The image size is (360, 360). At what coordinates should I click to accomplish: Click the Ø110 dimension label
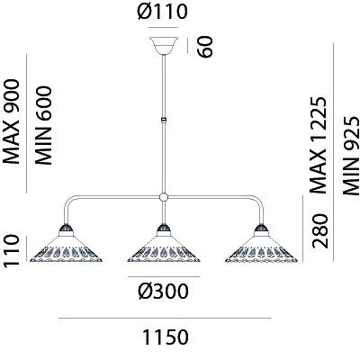click(162, 12)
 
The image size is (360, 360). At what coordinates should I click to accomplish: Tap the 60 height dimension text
click(205, 47)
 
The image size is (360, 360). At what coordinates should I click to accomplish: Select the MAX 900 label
click(11, 121)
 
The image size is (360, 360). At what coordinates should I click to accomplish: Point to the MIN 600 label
click(43, 125)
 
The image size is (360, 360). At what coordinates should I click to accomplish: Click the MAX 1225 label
click(318, 145)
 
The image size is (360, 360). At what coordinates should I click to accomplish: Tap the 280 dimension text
click(320, 230)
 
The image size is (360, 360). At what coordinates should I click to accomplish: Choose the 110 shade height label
click(11, 250)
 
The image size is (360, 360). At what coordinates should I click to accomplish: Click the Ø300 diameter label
click(164, 291)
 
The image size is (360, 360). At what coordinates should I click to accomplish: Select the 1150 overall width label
click(166, 337)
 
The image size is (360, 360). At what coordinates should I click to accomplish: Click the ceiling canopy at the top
click(164, 46)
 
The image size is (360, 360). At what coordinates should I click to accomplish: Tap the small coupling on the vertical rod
click(164, 120)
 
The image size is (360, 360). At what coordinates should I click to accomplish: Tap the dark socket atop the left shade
click(66, 229)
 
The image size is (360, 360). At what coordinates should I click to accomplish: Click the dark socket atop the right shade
click(261, 229)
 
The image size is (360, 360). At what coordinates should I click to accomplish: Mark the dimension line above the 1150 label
click(165, 318)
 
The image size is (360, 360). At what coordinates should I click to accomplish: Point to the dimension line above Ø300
click(164, 276)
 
